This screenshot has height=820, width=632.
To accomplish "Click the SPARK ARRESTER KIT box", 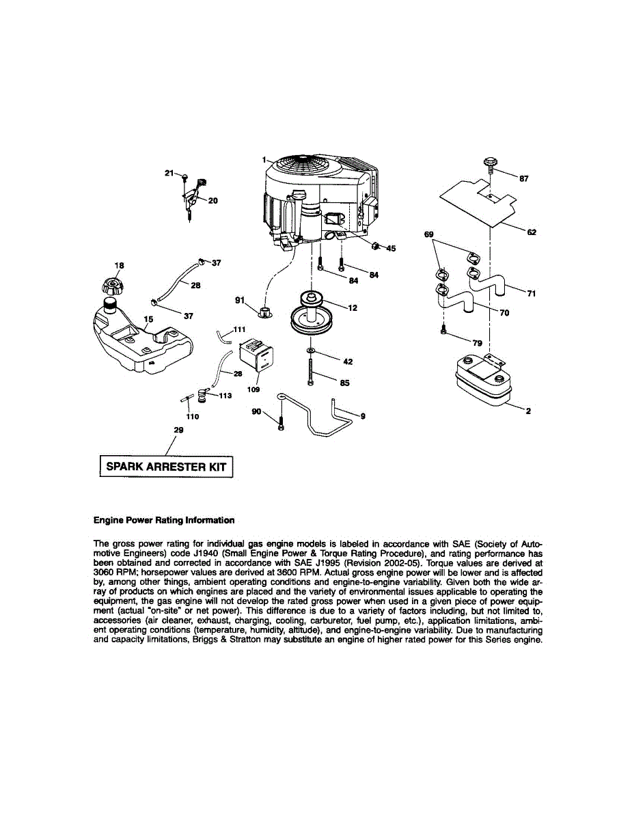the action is pos(166,467).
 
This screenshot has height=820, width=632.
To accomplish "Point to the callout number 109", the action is pos(254,389).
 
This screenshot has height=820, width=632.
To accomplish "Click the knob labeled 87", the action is pos(489,165).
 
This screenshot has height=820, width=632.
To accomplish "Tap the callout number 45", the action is pos(391,248).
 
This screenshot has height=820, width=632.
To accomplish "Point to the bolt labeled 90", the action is pos(281,419).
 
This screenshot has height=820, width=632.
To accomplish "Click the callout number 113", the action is pos(225,396).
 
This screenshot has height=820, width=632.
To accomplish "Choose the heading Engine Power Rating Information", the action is pos(164,520).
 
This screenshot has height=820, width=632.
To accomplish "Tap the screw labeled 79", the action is pos(444,331).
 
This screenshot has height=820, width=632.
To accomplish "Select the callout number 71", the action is pos(532,294).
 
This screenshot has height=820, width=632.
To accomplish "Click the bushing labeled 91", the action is pos(264,313).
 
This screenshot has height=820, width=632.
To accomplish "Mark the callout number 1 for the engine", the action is pos(263,159).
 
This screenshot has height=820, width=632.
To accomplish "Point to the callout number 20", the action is pos(213,201).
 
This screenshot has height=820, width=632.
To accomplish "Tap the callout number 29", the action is pos(179,430).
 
